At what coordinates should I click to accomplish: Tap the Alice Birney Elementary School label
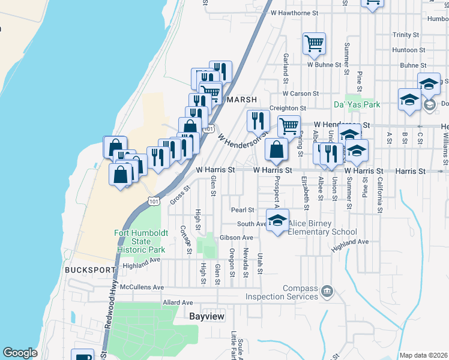(x=322, y=227)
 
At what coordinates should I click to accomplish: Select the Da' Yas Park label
(x=357, y=104)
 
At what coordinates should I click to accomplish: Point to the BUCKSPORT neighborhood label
(x=85, y=270)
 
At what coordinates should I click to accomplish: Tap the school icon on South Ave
(x=277, y=220)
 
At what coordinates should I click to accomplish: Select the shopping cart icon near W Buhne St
(x=314, y=43)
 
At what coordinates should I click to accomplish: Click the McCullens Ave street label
(x=142, y=287)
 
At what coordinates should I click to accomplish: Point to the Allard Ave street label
(x=178, y=302)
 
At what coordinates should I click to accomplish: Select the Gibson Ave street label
(x=236, y=238)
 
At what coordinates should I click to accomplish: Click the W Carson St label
(x=300, y=94)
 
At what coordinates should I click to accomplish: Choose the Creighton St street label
(x=288, y=108)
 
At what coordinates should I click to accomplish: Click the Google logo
(x=20, y=353)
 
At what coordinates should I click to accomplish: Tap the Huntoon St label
(x=409, y=50)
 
